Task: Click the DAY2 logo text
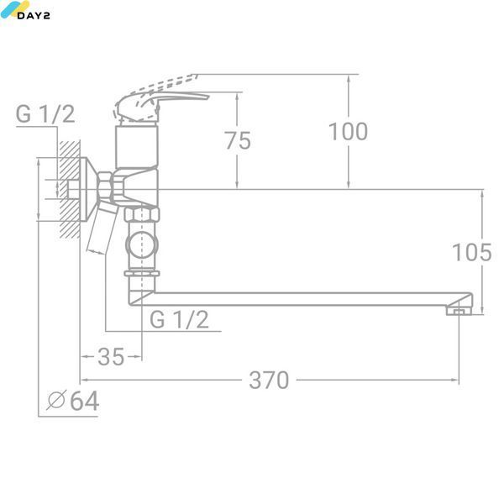[34, 15]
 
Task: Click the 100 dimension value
[348, 132]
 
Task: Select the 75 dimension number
[238, 140]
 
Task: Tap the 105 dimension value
[472, 252]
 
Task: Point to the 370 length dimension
[269, 380]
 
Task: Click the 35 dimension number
[111, 356]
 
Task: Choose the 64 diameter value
[84, 401]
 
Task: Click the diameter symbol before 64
[56, 400]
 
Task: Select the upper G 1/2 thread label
[45, 113]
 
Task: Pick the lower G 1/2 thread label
[180, 319]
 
